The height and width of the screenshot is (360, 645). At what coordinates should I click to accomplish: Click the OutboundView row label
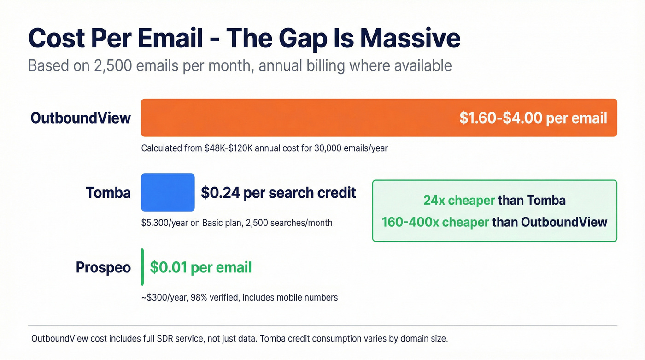pos(81,118)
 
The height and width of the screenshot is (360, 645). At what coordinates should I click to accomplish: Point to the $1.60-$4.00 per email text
pos(533,118)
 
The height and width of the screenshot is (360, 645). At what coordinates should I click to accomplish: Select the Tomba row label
pos(108,193)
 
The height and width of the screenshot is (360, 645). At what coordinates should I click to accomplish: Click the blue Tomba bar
pos(168,193)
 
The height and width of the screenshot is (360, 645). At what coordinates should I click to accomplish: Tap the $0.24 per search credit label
pos(278,193)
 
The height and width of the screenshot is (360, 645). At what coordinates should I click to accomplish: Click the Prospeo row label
pos(103,267)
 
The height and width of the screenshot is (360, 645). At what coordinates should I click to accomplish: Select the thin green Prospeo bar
pos(142,267)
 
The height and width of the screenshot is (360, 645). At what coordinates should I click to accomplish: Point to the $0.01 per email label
pos(201,267)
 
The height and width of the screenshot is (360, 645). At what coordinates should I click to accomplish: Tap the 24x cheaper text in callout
pos(459,201)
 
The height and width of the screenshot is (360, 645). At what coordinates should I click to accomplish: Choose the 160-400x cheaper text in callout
pos(435,222)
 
